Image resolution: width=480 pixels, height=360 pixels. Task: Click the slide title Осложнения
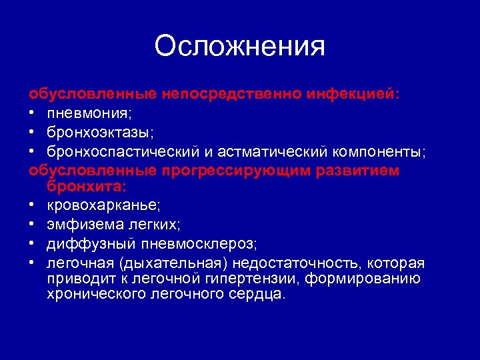[239, 47]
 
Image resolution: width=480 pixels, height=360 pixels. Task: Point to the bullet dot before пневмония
[33, 114]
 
